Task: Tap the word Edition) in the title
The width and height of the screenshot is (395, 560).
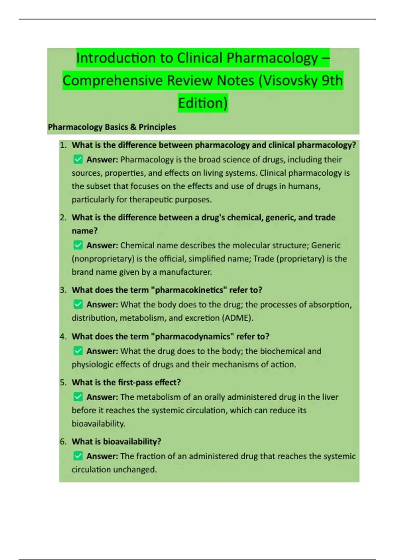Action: click(203, 103)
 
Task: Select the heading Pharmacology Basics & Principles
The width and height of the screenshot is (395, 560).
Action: click(112, 127)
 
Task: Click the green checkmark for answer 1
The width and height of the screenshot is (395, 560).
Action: click(78, 160)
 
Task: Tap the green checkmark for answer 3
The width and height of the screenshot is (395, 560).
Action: click(78, 304)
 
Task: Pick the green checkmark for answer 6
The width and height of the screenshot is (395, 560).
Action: click(78, 456)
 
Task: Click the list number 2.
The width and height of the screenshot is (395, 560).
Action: click(63, 218)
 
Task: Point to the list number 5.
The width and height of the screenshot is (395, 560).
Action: click(63, 382)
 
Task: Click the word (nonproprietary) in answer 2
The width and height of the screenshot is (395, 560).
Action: click(103, 259)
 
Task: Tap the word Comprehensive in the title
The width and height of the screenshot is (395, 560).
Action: click(113, 81)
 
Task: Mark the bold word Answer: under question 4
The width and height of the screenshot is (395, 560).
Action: click(102, 351)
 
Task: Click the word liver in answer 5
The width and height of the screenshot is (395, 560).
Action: click(330, 397)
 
